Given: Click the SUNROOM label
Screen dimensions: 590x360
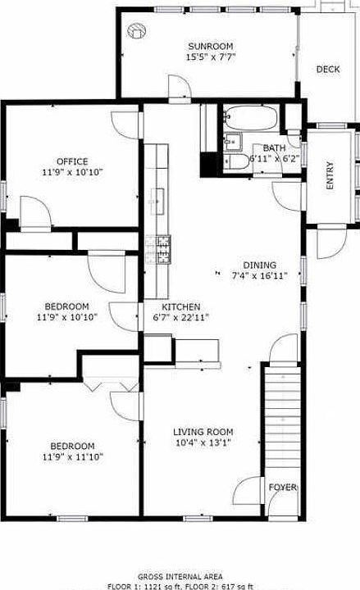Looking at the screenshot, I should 210,46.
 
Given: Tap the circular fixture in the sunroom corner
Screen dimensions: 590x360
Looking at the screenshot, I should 136,31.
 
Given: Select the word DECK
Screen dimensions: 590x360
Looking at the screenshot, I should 328,70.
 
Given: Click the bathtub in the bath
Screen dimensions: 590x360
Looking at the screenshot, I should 251,117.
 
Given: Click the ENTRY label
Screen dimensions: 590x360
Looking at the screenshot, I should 330,175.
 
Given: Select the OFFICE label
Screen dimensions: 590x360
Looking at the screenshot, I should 72,161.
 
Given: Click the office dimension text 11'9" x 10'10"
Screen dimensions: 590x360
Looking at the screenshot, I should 72,173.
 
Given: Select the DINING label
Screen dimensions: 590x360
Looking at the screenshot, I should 259,265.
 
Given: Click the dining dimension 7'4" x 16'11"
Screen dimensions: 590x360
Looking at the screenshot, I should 259,277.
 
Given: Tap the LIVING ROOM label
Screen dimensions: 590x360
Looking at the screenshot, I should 203,432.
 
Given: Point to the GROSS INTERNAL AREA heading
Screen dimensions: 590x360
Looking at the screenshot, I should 179,577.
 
